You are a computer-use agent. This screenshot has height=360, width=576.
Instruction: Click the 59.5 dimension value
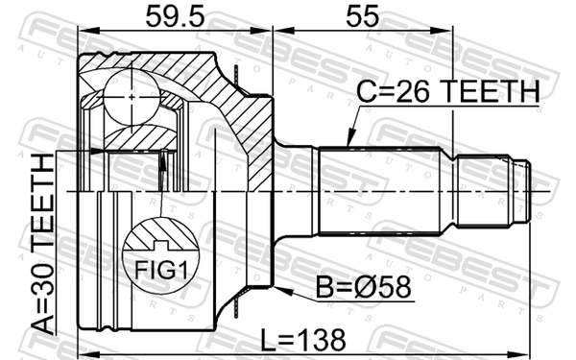(x=175, y=16)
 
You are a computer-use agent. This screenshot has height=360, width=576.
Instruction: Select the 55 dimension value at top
(x=362, y=16)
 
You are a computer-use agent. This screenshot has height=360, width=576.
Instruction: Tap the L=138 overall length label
(x=303, y=340)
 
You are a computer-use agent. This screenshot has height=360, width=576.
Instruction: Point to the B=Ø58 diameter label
(x=363, y=287)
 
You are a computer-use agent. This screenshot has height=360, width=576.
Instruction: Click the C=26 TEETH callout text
(x=448, y=91)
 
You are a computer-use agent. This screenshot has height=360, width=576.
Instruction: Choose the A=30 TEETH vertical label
(x=42, y=244)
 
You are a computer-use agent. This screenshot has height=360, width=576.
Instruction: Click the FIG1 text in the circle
(x=161, y=271)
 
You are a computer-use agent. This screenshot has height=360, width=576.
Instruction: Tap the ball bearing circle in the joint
(x=132, y=97)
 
